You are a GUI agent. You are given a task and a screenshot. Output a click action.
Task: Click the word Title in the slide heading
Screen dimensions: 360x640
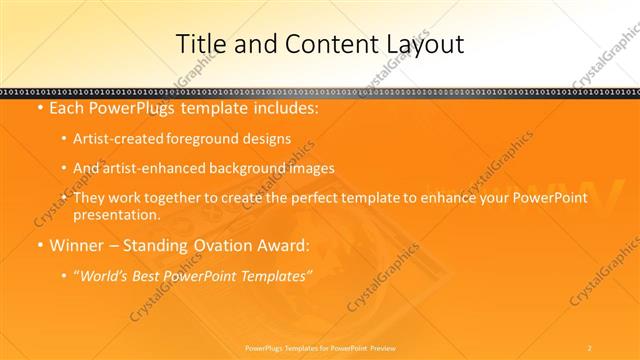pyautogui.click(x=200, y=44)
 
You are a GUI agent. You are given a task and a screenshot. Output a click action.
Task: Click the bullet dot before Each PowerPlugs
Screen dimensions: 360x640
pyautogui.click(x=39, y=107)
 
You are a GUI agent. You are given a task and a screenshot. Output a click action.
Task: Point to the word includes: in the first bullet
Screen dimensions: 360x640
pyautogui.click(x=283, y=107)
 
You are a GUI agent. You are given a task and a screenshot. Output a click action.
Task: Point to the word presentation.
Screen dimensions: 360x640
pyautogui.click(x=117, y=214)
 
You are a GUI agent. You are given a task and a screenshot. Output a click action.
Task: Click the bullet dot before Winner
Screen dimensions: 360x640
pyautogui.click(x=39, y=245)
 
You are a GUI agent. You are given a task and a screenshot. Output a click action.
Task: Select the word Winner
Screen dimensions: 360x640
pyautogui.click(x=76, y=245)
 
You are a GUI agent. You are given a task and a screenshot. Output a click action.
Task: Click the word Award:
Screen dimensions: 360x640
pyautogui.click(x=284, y=245)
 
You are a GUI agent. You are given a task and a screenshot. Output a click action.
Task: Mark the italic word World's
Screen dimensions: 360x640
pyautogui.click(x=105, y=275)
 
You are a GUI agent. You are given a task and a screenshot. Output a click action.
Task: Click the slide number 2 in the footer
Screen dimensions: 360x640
pyautogui.click(x=589, y=347)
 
